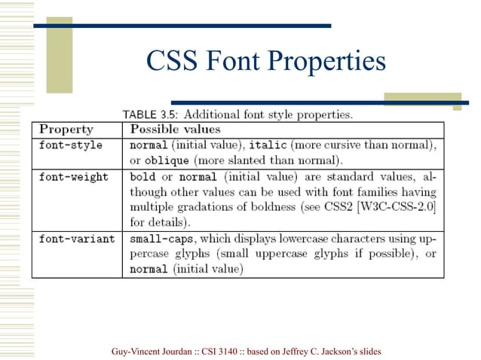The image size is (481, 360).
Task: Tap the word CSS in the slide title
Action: (170, 61)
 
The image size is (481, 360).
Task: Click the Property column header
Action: (66, 130)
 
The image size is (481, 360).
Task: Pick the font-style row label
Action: (71, 145)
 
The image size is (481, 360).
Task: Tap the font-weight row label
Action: (74, 177)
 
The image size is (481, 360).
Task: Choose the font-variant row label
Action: (77, 239)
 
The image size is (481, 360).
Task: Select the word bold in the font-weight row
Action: (142, 177)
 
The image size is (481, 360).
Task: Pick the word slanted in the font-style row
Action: (257, 160)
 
